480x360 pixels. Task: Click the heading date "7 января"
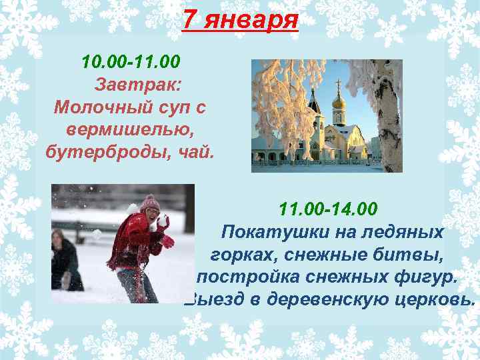point(240,21)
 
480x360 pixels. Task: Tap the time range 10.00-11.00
point(131,63)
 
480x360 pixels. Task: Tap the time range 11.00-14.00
point(328,210)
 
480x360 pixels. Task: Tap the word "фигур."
point(421,276)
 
